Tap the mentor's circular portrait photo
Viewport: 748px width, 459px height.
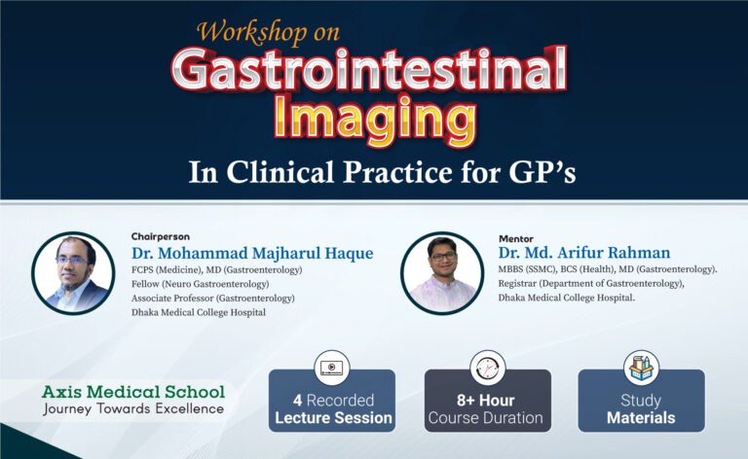[x=442, y=272]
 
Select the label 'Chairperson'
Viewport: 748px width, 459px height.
[x=161, y=236]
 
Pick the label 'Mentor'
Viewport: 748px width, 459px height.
[x=516, y=237]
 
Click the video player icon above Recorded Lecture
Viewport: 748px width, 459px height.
[x=332, y=368]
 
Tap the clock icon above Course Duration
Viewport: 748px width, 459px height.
[x=487, y=368]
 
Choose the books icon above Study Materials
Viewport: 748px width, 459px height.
[x=641, y=368]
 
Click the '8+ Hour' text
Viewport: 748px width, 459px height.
[x=487, y=399]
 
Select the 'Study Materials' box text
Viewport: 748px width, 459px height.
[x=641, y=408]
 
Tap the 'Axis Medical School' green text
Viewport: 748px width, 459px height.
[x=133, y=392]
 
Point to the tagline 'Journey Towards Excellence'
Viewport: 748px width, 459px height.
[x=133, y=408]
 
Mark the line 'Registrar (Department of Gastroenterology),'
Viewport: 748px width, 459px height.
[x=591, y=283]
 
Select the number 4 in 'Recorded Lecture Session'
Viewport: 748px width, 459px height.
[x=297, y=399]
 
